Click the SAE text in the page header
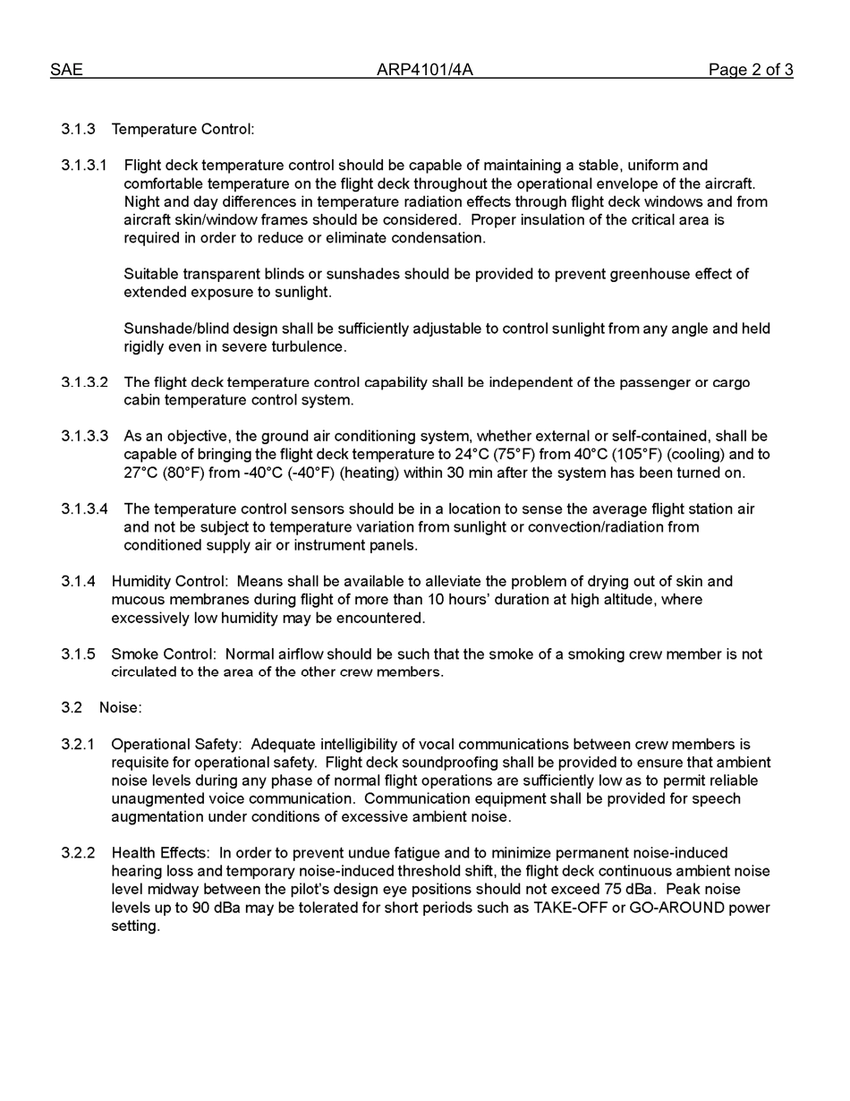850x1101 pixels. coord(66,70)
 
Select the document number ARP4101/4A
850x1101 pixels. coord(424,70)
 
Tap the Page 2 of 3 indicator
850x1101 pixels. coord(750,70)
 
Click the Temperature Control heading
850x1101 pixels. coord(183,129)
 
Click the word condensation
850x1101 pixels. coord(439,238)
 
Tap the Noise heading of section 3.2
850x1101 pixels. coord(120,708)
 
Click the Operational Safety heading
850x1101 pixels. coord(176,745)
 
